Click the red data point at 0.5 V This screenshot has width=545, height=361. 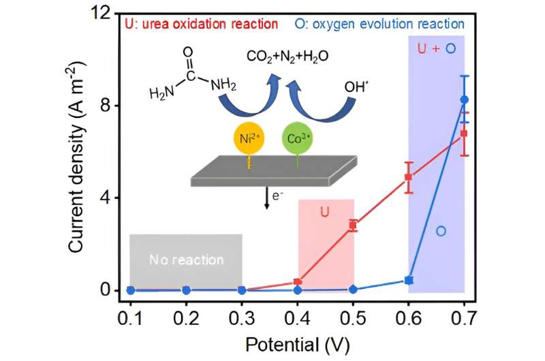[353, 225]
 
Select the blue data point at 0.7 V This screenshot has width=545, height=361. [465, 99]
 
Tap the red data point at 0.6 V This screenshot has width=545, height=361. [409, 177]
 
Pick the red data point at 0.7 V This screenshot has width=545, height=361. [464, 134]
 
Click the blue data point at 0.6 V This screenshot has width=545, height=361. [409, 280]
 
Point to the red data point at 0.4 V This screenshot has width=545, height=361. [298, 282]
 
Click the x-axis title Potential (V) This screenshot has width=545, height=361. [297, 343]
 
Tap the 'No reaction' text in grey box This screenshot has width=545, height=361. [186, 260]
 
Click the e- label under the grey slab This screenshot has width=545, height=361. [277, 196]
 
